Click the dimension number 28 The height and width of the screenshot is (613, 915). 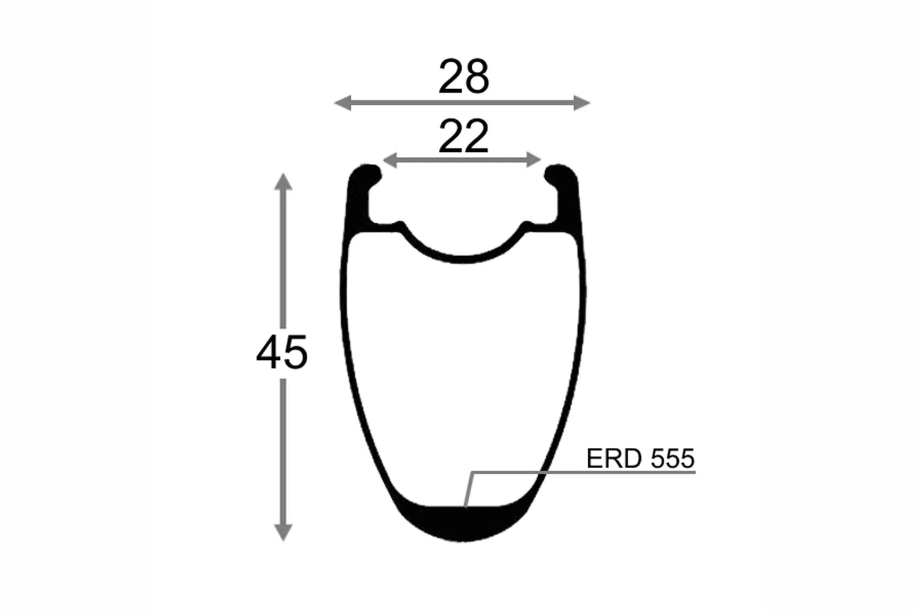[464, 77]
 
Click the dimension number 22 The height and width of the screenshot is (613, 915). [464, 136]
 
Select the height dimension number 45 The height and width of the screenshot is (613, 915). [282, 352]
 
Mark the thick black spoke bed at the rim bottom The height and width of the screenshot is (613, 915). [464, 523]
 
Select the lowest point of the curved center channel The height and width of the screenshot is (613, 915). [464, 259]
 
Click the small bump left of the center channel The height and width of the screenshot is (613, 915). [400, 225]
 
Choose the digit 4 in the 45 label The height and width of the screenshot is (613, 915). [269, 352]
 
